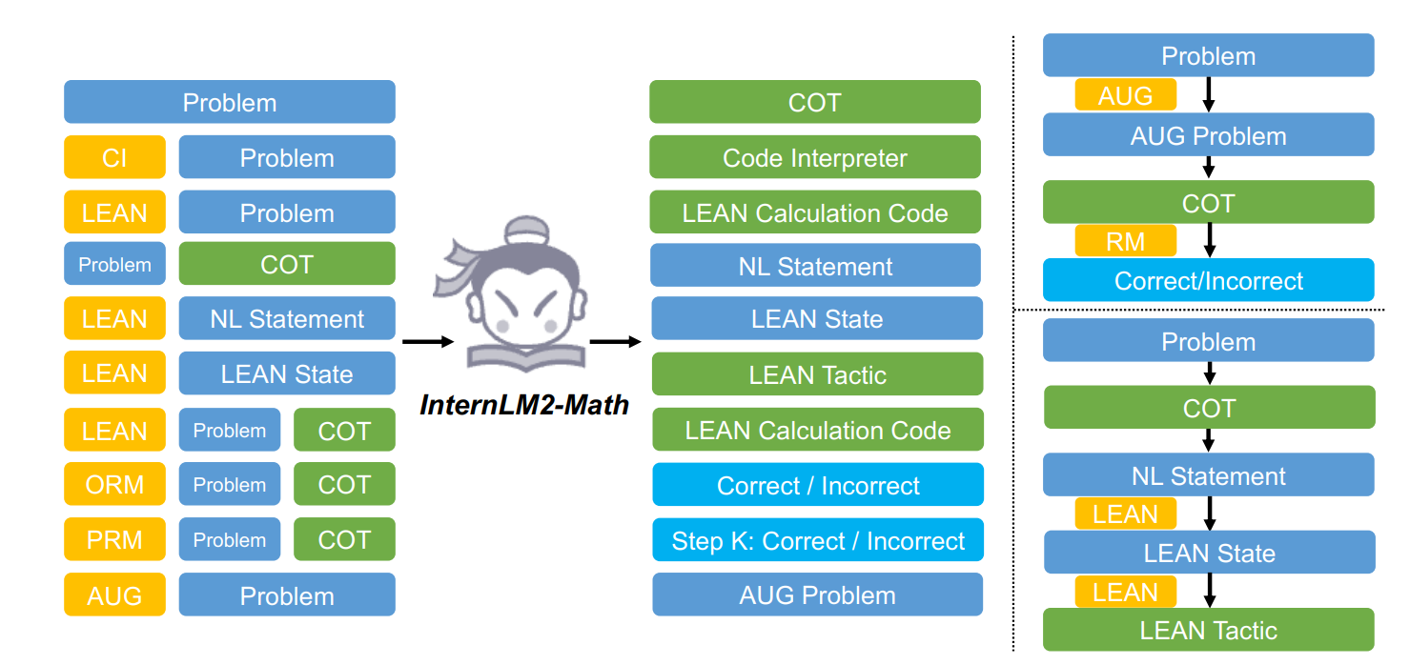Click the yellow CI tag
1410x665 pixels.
114,157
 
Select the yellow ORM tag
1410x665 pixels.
114,484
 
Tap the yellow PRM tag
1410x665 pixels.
114,539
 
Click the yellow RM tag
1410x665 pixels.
1125,241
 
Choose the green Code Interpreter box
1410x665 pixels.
815,157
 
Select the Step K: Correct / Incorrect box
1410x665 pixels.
818,541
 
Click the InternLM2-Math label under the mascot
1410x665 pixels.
524,405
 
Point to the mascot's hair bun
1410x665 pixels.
523,230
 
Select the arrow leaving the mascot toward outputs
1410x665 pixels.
615,341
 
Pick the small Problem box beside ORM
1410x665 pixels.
230,484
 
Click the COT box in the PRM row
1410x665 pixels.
344,539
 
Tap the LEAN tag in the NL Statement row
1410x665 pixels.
114,319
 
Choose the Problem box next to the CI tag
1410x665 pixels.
287,157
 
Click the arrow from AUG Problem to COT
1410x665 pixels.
1209,168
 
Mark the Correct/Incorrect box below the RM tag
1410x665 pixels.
1209,281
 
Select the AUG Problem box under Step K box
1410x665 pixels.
818,595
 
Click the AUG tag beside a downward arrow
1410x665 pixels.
1125,95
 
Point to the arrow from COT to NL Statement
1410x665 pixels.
1209,440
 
